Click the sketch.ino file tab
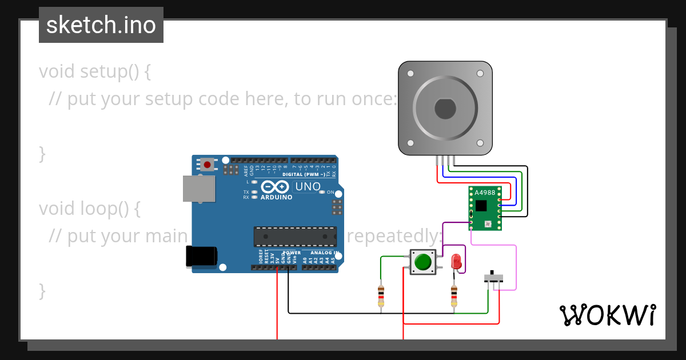point(101,25)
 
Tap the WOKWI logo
point(607,315)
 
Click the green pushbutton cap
point(423,262)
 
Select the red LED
point(456,262)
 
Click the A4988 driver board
point(485,208)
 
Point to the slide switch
point(494,278)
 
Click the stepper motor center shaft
point(445,108)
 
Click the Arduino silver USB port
point(199,189)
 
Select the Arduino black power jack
point(201,256)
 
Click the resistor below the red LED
point(454,295)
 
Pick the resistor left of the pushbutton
point(381,296)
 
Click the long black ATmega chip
point(295,237)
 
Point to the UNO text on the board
point(307,187)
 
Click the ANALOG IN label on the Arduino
point(325,253)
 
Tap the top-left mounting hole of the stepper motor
point(410,74)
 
